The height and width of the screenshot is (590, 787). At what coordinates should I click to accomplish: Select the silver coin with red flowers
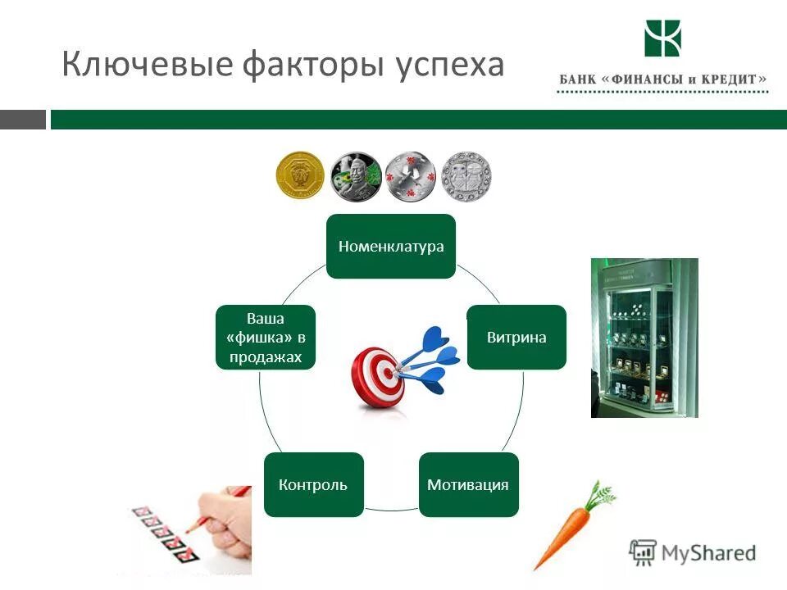click(x=410, y=176)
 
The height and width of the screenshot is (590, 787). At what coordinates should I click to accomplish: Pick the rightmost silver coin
click(x=466, y=176)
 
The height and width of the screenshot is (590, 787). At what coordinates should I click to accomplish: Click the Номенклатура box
click(x=391, y=247)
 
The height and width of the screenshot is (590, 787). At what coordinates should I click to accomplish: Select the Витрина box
click(x=516, y=337)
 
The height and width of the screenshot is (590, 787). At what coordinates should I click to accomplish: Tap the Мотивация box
click(x=468, y=484)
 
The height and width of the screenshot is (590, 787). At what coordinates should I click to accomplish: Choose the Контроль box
click(x=313, y=484)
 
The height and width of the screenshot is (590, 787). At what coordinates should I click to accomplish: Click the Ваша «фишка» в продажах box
click(x=266, y=337)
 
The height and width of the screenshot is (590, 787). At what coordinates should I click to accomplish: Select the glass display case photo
click(x=644, y=338)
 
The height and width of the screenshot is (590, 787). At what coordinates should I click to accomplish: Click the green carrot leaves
click(x=602, y=494)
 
